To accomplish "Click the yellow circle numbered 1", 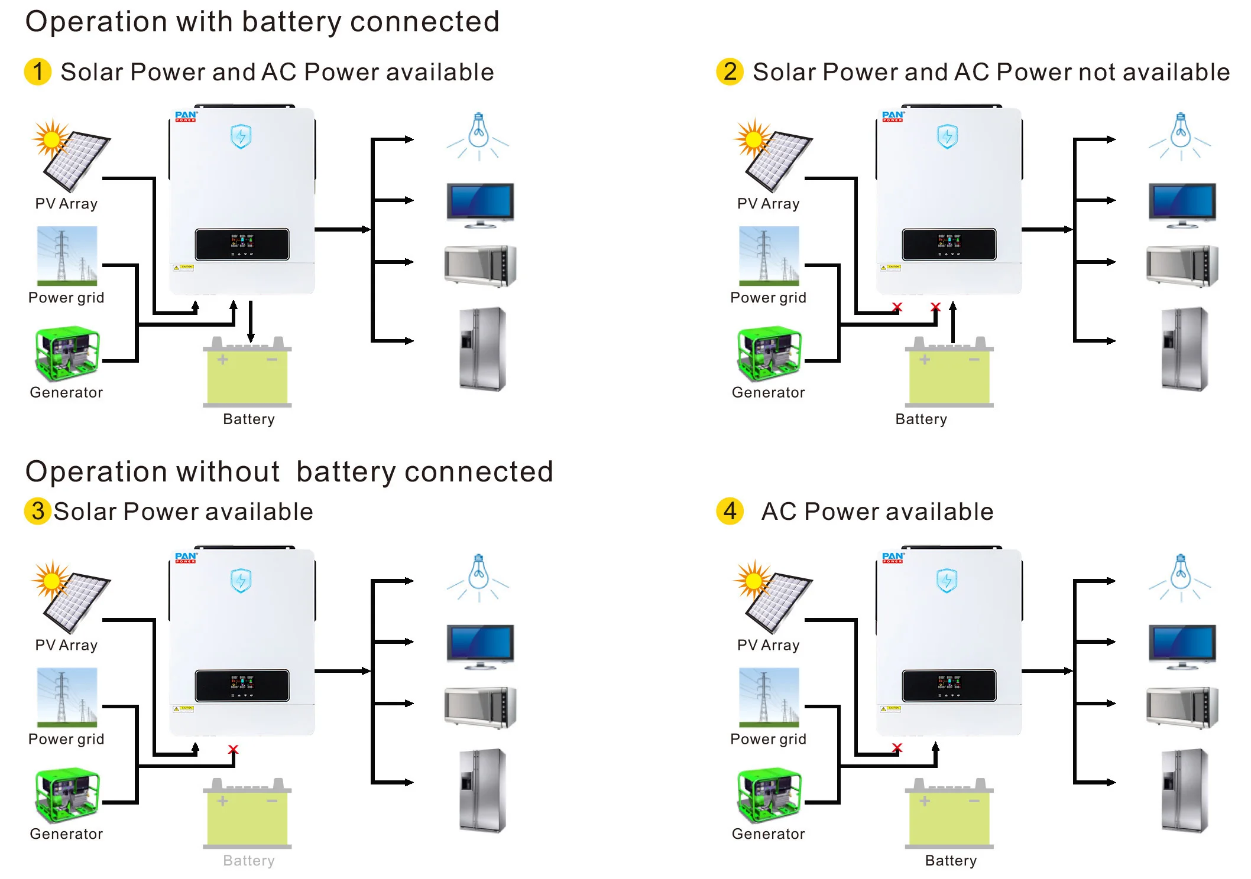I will point(38,71).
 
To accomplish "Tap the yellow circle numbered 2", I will point(730,71).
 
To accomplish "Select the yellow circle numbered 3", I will point(38,511).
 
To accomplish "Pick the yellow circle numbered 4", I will point(730,511).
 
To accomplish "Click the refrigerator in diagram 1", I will point(482,349).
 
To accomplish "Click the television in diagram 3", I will point(480,646).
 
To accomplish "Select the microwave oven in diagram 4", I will point(1182,707).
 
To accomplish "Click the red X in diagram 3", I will point(233,749).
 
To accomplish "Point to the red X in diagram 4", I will point(897,748).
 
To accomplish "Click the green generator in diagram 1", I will point(67,353).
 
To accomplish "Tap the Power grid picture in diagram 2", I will point(769,256).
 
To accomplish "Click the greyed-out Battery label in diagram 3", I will point(248,860).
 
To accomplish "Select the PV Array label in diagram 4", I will point(768,645).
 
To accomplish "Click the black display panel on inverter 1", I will point(242,244).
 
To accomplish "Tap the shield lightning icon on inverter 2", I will point(947,136).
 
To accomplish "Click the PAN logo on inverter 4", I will point(893,556).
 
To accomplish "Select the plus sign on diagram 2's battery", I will point(925,359).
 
